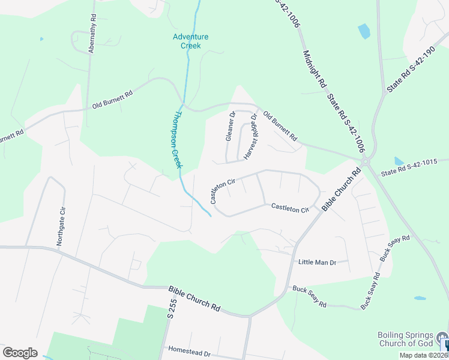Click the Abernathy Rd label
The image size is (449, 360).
[92, 35]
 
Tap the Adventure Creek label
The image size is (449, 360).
[190, 41]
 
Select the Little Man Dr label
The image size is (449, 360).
[316, 262]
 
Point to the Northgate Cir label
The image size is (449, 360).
[60, 226]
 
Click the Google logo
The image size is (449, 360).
[20, 352]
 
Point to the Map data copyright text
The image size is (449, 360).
[423, 355]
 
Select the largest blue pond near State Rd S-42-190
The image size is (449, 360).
[364, 31]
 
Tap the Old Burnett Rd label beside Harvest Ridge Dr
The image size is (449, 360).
[280, 125]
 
